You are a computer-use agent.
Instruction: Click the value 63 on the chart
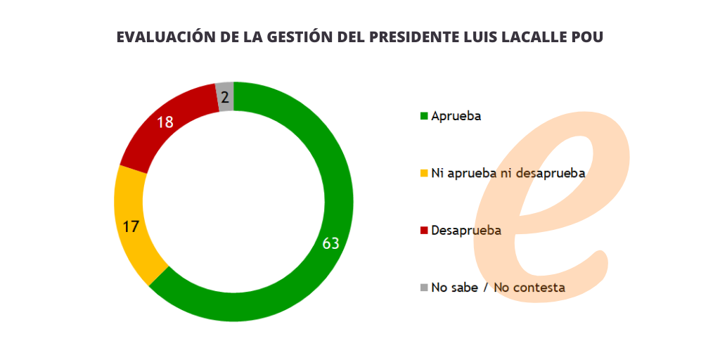(x=331, y=243)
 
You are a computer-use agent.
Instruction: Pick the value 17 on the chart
(x=130, y=226)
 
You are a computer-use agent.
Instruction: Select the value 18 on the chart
(x=165, y=122)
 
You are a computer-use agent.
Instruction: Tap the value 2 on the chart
(x=225, y=98)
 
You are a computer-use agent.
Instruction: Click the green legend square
(x=424, y=116)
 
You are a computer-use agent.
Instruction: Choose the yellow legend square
(x=424, y=173)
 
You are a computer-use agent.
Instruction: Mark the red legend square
(x=424, y=230)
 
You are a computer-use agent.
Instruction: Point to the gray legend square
(x=424, y=287)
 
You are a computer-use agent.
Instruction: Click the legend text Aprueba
(x=456, y=116)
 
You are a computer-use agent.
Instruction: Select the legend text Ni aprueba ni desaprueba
(x=508, y=173)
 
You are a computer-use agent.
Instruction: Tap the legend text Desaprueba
(x=466, y=230)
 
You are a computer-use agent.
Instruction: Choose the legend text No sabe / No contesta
(x=499, y=287)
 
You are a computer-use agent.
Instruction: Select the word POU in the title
(x=588, y=37)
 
